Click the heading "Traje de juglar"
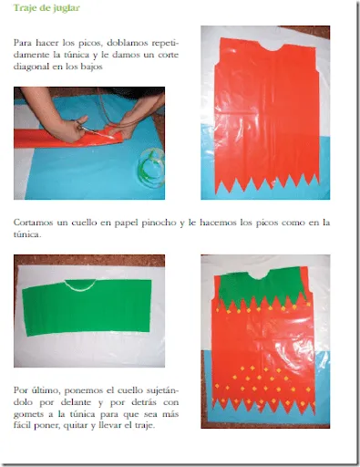coord(46,8)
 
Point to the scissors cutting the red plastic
coord(88,129)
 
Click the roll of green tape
coord(151,163)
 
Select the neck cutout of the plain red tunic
coord(272,47)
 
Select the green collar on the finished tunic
coord(262,289)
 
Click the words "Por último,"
coord(36,390)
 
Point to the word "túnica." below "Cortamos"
coord(26,234)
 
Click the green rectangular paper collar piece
coord(87,307)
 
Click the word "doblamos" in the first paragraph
coord(128,43)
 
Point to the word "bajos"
coord(91,67)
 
